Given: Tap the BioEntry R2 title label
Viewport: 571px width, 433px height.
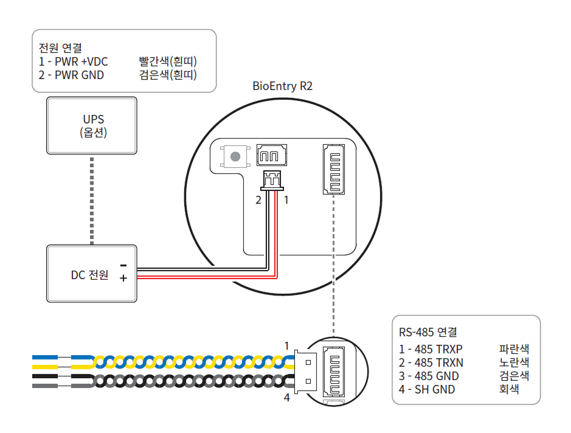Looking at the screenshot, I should pyautogui.click(x=282, y=86).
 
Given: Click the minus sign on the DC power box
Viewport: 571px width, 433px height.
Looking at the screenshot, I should pyautogui.click(x=123, y=265).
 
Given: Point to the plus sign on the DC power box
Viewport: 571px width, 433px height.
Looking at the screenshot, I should pyautogui.click(x=123, y=279).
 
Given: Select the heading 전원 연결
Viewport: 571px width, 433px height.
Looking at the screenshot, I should pyautogui.click(x=60, y=47).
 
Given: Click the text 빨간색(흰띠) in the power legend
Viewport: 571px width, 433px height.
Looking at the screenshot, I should pyautogui.click(x=168, y=61).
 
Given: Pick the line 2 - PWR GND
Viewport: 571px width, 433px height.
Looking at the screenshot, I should pyautogui.click(x=71, y=75).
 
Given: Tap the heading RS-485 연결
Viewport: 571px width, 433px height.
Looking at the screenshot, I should pyautogui.click(x=428, y=333).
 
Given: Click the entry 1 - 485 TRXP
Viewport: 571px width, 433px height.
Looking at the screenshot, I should pyautogui.click(x=431, y=349).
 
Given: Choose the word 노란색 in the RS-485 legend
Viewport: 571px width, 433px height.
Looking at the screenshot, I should pyautogui.click(x=514, y=362).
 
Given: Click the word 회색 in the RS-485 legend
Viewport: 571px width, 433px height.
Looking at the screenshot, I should pyautogui.click(x=509, y=389).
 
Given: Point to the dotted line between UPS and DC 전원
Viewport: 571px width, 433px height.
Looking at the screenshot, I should pyautogui.click(x=92, y=201).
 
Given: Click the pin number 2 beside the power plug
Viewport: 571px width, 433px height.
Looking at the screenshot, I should pyautogui.click(x=258, y=199).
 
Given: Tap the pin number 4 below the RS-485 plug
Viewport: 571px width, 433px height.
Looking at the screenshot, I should pyautogui.click(x=287, y=398).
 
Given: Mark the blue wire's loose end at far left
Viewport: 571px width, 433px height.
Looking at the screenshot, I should pyautogui.click(x=44, y=357).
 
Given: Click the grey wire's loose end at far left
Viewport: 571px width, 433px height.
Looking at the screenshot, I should pyautogui.click(x=44, y=386).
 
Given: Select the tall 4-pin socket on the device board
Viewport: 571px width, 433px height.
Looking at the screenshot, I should pyautogui.click(x=333, y=170).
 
